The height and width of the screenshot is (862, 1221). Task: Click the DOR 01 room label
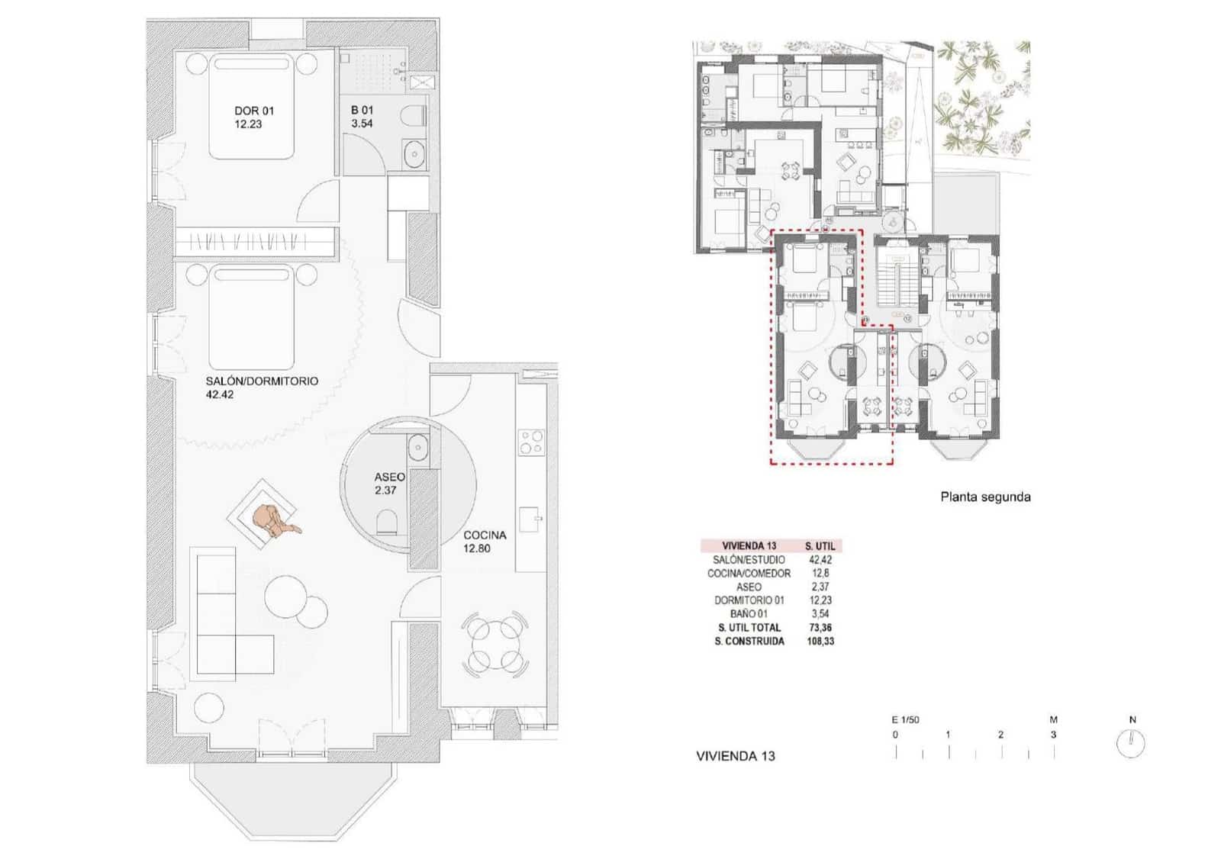pos(253,117)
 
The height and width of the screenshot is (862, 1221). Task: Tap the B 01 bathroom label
pos(362,117)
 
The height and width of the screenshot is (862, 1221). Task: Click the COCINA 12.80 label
pos(484,542)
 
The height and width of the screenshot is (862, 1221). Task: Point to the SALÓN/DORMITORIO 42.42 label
pos(261,387)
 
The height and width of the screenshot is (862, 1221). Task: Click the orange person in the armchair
pos(273,521)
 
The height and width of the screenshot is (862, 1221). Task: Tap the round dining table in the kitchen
pos(495,645)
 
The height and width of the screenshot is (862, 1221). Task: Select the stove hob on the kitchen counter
pos(531,442)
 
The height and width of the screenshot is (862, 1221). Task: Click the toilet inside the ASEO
pos(387,522)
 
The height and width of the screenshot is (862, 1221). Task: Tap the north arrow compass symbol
pos(1131,743)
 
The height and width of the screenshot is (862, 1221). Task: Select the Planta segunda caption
pos(984,497)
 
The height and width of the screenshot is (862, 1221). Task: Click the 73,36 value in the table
pos(820,628)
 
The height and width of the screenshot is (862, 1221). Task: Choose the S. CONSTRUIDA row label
pos(749,642)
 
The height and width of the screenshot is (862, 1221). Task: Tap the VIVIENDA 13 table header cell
pos(749,546)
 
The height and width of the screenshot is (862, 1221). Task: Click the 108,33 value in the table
pos(820,642)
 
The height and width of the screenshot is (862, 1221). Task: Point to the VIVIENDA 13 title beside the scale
pos(735,756)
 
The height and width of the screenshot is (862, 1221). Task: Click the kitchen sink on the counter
pos(532,519)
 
